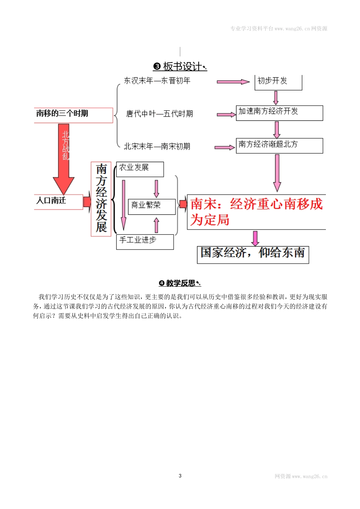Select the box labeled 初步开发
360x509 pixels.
point(278,81)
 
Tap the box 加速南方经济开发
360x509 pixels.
point(279,112)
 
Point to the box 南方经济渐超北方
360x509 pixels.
point(279,145)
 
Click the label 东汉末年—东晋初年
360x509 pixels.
point(157,81)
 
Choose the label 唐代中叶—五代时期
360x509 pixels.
point(159,114)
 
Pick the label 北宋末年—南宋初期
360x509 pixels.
point(157,146)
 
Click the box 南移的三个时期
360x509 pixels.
point(73,114)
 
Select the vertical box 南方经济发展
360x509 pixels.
point(101,199)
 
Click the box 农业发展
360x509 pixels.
point(139,169)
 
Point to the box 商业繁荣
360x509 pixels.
point(151,206)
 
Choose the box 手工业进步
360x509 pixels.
point(144,241)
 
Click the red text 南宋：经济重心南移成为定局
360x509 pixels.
point(256,212)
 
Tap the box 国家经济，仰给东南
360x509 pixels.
point(253,254)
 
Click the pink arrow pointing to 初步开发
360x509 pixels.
point(233,81)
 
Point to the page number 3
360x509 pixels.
point(180,476)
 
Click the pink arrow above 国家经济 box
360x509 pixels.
point(255,238)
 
